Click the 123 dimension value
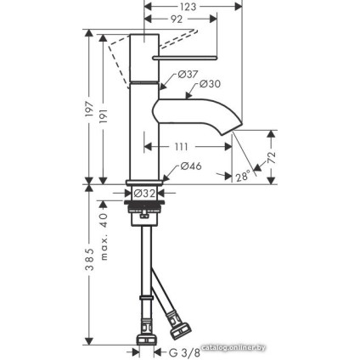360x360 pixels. (x=188, y=7)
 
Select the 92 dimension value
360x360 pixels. (x=176, y=19)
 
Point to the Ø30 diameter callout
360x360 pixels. (x=210, y=84)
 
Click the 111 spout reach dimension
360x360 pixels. (x=180, y=147)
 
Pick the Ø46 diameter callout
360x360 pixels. (x=191, y=166)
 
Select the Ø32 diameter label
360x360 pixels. (x=144, y=194)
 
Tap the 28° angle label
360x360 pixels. (x=243, y=177)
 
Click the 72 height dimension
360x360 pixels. (x=272, y=158)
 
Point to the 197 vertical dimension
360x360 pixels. (x=89, y=109)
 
